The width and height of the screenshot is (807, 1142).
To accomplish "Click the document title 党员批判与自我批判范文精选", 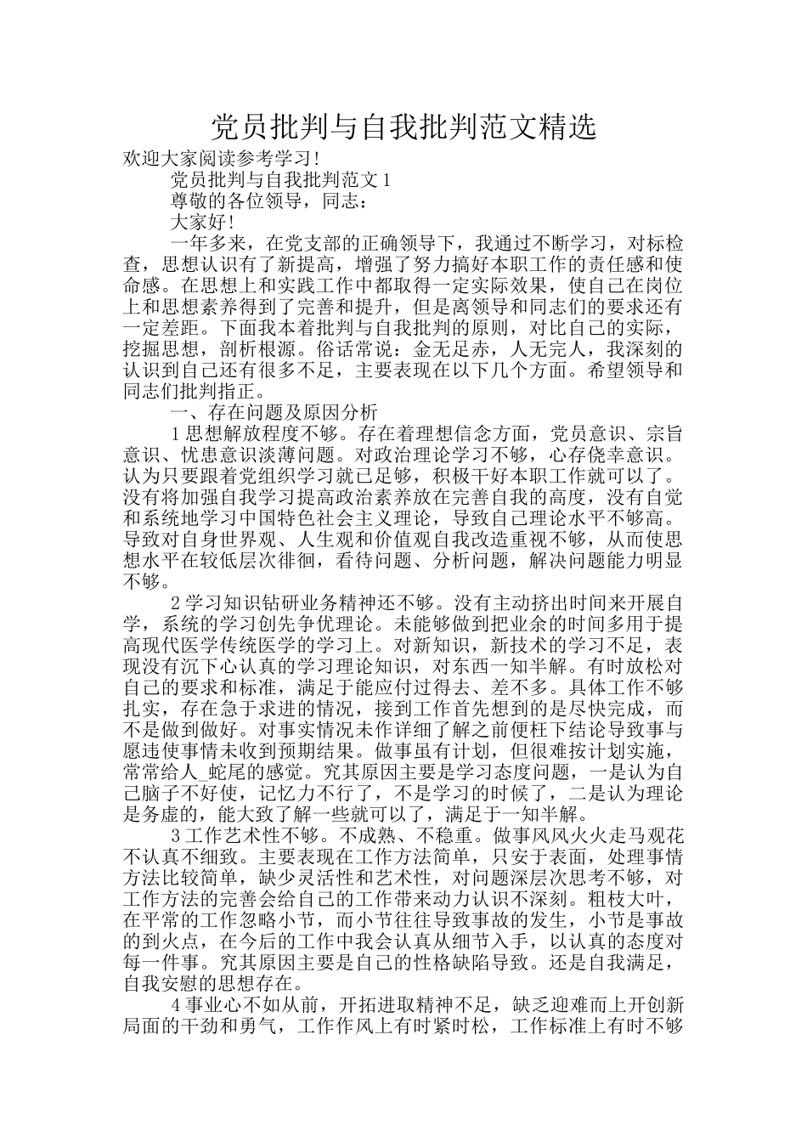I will [403, 127].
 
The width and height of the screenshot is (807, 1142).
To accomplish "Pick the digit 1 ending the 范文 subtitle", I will [387, 180].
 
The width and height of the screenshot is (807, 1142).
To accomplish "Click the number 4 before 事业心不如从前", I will [176, 1005].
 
